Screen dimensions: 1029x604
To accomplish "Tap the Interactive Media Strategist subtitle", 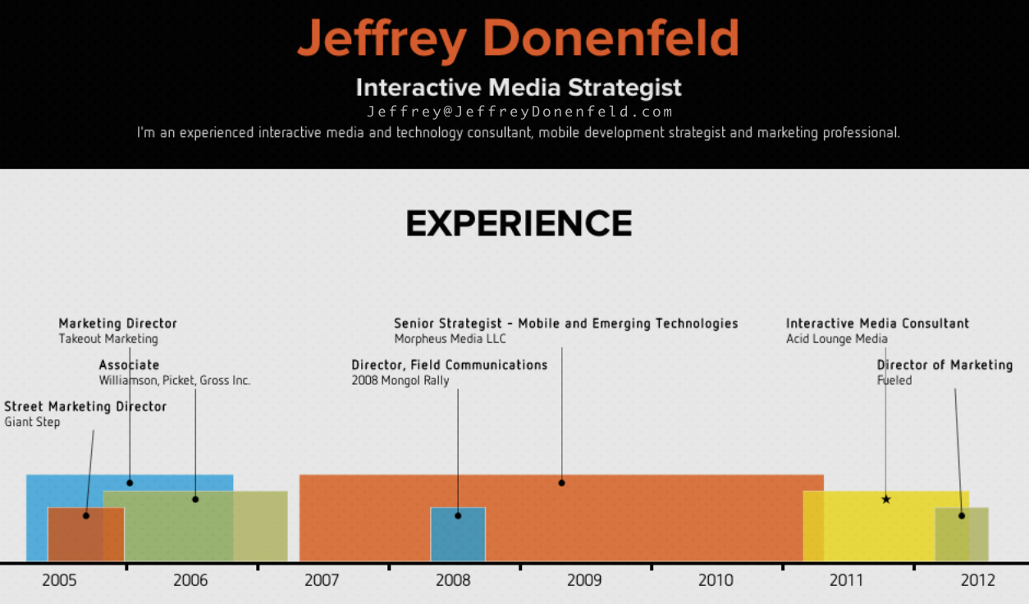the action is pos(519,87).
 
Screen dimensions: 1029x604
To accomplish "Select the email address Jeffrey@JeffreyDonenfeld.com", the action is pos(519,112).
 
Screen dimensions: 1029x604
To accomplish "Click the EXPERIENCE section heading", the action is pos(519,224).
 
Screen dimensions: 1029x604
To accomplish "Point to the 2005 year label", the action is pos(59,580).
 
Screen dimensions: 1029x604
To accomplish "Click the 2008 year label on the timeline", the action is pos(453,580).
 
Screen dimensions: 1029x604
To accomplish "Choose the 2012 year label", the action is pos(978,580).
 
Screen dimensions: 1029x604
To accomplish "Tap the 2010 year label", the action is pos(716,580).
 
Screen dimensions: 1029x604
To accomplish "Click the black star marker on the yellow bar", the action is pos(886,499).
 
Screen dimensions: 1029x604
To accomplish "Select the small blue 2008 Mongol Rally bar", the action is pos(458,534).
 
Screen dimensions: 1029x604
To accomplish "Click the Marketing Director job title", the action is pos(117,323).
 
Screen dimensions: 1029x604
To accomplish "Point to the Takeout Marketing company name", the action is pos(108,339).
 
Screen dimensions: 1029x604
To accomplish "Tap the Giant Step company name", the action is pos(32,422).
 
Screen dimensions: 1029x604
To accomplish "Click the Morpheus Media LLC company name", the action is pos(450,339).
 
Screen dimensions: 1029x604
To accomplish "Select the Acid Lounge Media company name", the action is pos(836,339).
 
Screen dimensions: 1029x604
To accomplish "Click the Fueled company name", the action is pos(894,380).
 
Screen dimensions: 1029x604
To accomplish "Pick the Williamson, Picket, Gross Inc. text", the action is pos(175,381).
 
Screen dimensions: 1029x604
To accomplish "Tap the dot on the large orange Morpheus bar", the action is pos(561,483).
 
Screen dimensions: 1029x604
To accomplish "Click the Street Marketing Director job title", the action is pos(85,406).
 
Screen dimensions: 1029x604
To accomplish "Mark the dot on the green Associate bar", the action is pos(195,499).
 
